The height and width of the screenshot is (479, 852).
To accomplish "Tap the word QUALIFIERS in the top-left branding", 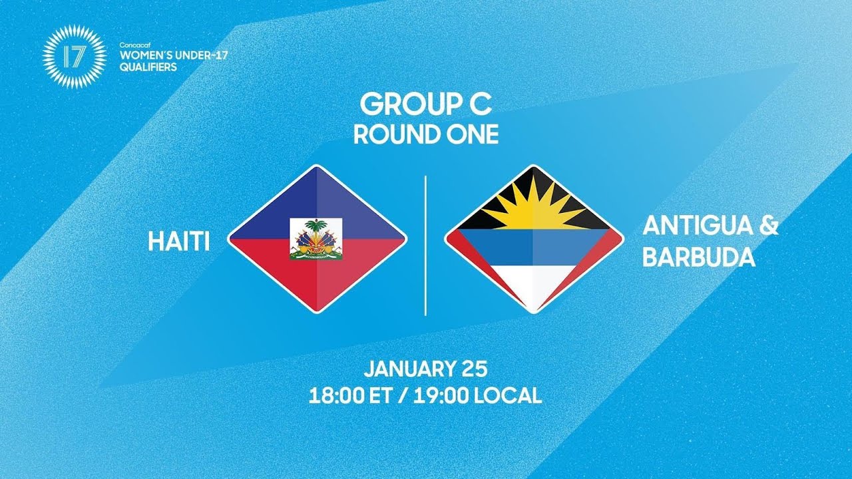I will click(148, 67).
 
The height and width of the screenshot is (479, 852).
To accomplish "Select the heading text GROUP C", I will click(425, 104).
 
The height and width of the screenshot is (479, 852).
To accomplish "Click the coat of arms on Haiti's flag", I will click(316, 239).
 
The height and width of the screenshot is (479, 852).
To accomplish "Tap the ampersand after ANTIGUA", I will click(768, 228).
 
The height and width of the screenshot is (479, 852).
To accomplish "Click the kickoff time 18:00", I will click(333, 396).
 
